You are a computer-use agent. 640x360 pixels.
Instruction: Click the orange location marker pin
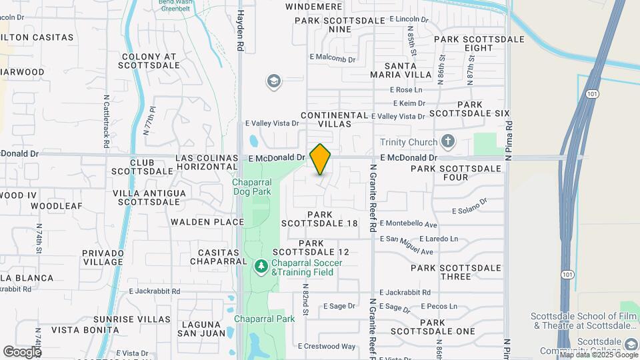[320, 159]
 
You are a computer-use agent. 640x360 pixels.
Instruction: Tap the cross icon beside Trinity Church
[448, 141]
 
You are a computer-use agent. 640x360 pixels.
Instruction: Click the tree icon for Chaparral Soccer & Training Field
[261, 267]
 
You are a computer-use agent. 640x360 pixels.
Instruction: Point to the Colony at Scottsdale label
[149, 61]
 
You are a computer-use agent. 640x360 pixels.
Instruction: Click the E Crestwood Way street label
[327, 346]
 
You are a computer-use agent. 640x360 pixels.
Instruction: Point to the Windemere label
[313, 7]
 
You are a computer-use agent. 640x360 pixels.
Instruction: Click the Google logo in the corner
[22, 351]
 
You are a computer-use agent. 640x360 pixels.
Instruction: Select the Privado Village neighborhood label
[103, 257]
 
